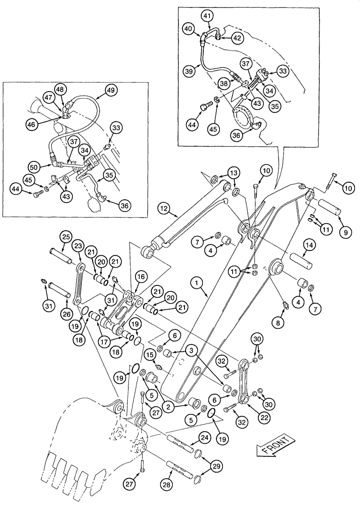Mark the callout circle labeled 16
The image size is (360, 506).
140,276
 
